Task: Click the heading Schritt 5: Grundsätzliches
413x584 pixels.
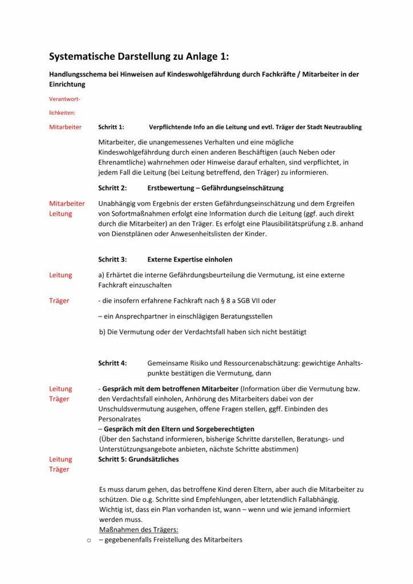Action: (x=139, y=459)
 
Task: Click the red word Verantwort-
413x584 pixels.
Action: (x=64, y=99)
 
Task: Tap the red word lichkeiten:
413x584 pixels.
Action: (x=62, y=113)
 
